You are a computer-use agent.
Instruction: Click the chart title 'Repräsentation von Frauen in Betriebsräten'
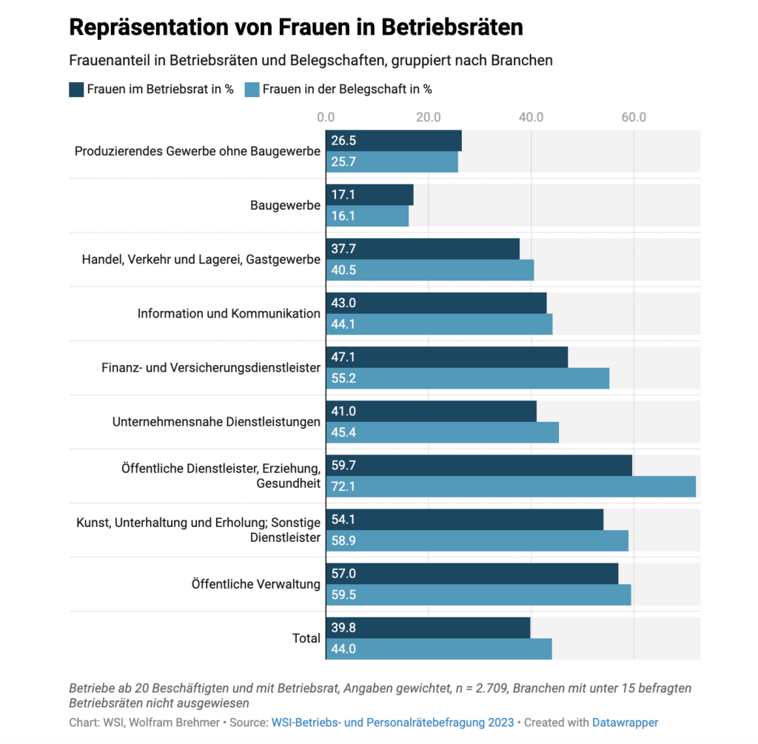pyautogui.click(x=296, y=27)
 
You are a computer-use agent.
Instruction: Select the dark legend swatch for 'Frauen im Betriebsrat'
pyautogui.click(x=76, y=90)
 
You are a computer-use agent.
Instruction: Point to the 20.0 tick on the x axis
pyautogui.click(x=428, y=116)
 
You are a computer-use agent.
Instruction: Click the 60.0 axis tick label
pyautogui.click(x=634, y=116)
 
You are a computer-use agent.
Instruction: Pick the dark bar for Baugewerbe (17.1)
pyautogui.click(x=369, y=195)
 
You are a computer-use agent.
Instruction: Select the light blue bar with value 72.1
pyautogui.click(x=511, y=486)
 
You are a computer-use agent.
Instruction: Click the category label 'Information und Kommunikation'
pyautogui.click(x=229, y=313)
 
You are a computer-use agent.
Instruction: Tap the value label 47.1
pyautogui.click(x=343, y=357)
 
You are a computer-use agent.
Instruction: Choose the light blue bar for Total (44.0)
pyautogui.click(x=438, y=649)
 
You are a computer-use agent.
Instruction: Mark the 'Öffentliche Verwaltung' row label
pyautogui.click(x=255, y=584)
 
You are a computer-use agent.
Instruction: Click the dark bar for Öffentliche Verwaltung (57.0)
pyautogui.click(x=472, y=573)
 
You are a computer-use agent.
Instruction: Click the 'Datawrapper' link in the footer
pyautogui.click(x=625, y=723)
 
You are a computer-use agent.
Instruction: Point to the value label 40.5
pyautogui.click(x=343, y=270)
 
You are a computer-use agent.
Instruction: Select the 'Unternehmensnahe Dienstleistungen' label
pyautogui.click(x=216, y=421)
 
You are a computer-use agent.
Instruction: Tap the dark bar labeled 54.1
pyautogui.click(x=464, y=519)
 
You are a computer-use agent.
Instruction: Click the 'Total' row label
pyautogui.click(x=306, y=638)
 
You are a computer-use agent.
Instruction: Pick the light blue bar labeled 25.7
pyautogui.click(x=392, y=162)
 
